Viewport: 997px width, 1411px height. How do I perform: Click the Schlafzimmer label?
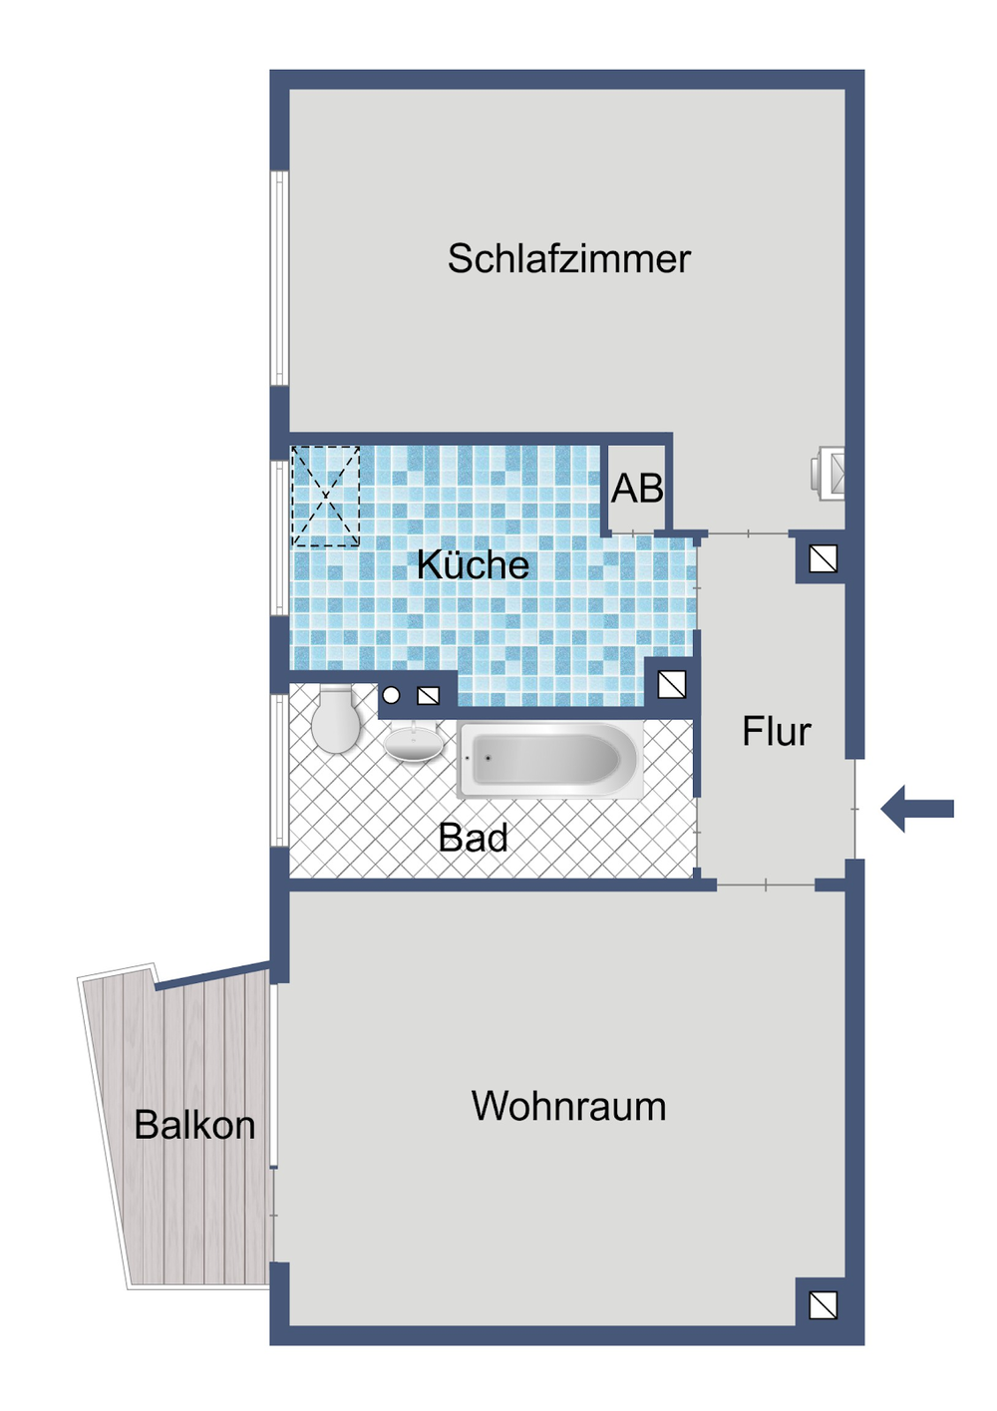(x=568, y=259)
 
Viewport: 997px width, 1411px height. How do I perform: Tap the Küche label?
(x=473, y=565)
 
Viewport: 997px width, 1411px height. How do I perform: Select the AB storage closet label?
(x=637, y=489)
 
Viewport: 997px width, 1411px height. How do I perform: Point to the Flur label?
(x=776, y=732)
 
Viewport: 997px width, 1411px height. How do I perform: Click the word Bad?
(x=473, y=838)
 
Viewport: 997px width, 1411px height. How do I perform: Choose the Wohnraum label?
(x=568, y=1107)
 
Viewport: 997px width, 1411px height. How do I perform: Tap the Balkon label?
(x=194, y=1126)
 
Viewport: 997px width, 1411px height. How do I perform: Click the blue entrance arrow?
(x=918, y=808)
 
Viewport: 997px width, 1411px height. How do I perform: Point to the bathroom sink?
(x=414, y=743)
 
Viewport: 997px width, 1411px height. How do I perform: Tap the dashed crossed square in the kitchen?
(x=325, y=496)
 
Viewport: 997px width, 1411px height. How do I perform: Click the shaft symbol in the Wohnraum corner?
(x=823, y=1305)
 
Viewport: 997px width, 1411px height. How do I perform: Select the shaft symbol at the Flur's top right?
(x=823, y=559)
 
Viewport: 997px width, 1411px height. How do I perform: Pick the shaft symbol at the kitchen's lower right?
(x=672, y=684)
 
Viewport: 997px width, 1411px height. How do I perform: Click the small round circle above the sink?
(x=392, y=696)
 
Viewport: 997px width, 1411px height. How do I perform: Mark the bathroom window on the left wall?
(x=280, y=770)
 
